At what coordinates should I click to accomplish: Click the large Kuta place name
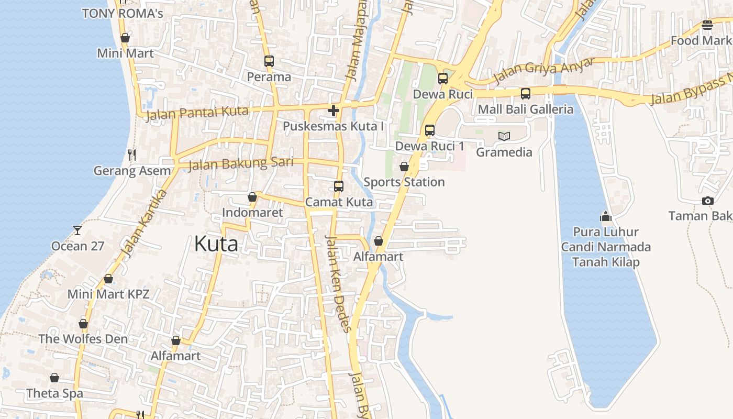[x=216, y=244]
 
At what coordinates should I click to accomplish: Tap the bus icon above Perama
[x=269, y=61]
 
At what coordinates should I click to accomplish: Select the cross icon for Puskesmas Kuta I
[x=333, y=111]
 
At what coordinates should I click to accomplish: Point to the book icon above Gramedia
[x=504, y=136]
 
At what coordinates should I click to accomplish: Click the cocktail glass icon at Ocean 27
[x=77, y=230]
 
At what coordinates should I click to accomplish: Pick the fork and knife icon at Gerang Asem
[x=132, y=155]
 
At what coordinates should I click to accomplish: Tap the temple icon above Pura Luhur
[x=606, y=216]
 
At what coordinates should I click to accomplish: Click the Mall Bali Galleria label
[x=526, y=109]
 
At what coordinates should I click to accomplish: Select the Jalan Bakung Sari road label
[x=240, y=163]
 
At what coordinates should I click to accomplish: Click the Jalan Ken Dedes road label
[x=337, y=283]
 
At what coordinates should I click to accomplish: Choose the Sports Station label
[x=404, y=182]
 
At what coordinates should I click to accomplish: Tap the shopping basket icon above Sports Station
[x=404, y=167]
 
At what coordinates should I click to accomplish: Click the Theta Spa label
[x=54, y=393]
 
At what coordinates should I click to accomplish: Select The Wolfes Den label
[x=83, y=339]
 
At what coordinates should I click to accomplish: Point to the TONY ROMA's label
[x=123, y=14]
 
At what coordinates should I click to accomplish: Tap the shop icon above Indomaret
[x=252, y=197]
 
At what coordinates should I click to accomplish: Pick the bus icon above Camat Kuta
[x=339, y=186]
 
